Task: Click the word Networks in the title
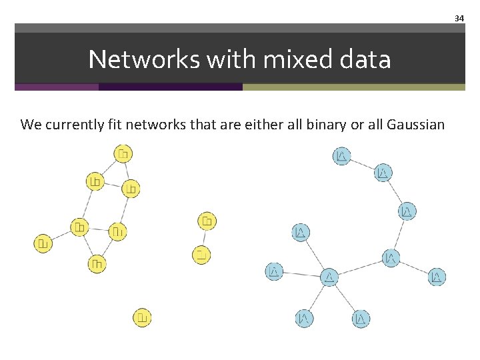coord(144,60)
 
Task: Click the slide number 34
coord(459,19)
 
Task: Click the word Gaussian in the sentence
coord(415,124)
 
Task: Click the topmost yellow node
coord(123,154)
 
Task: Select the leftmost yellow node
coord(43,243)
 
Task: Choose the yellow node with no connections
coord(142,317)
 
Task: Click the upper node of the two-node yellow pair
coord(207,221)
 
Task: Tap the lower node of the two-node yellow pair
coord(201,254)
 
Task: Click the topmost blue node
coord(341,157)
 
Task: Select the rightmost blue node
coord(437,277)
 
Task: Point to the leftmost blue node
coord(274,271)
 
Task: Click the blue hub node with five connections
coord(329,277)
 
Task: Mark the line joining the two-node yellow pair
coord(204,237)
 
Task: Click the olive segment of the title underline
coord(353,87)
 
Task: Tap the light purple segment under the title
coord(57,87)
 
